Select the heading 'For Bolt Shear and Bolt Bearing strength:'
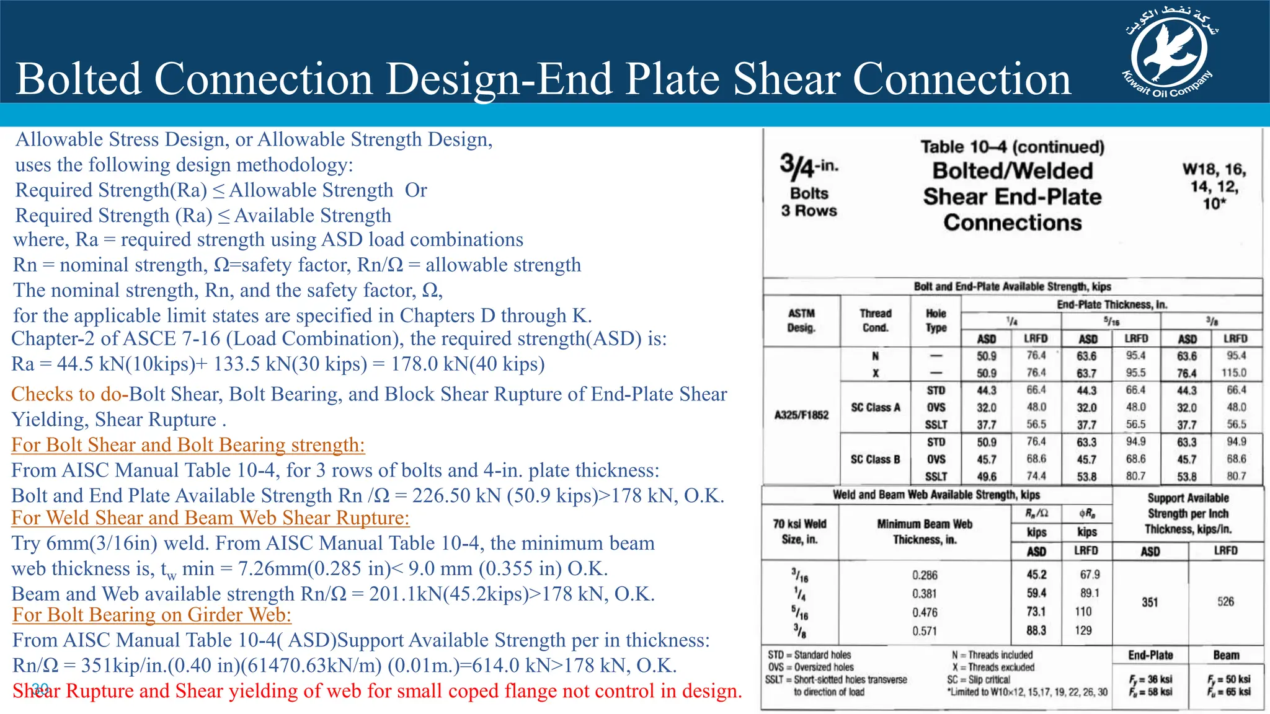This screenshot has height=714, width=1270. (x=188, y=445)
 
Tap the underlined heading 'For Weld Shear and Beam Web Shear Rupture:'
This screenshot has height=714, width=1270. (x=210, y=518)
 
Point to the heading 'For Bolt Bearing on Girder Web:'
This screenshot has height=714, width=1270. (x=152, y=615)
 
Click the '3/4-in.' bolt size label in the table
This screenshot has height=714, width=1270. (x=809, y=166)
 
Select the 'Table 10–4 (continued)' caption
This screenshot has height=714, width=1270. (x=1012, y=147)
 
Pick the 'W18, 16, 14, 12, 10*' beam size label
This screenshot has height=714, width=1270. (x=1214, y=186)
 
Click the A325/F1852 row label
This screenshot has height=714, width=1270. (x=801, y=415)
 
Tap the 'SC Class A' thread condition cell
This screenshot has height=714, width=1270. (x=875, y=408)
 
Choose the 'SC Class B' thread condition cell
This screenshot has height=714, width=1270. (x=875, y=459)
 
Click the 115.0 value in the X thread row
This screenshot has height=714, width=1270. (x=1233, y=373)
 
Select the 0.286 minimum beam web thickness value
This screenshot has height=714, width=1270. (x=925, y=575)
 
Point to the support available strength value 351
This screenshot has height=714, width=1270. (x=1150, y=602)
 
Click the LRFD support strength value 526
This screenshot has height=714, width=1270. (x=1225, y=602)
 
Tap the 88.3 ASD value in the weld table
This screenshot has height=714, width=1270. (x=1036, y=630)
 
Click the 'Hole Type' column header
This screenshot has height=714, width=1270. (x=936, y=320)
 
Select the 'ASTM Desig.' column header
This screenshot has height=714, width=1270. (x=801, y=320)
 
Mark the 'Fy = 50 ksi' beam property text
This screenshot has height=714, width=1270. (x=1228, y=679)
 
